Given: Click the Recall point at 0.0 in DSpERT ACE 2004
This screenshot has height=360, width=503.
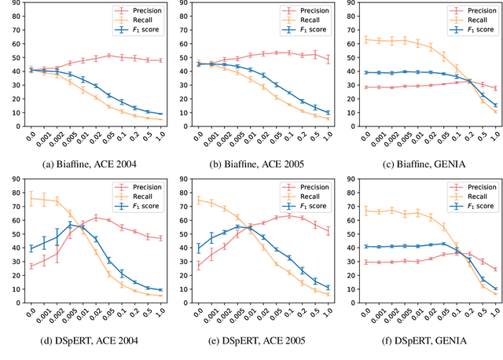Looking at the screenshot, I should pyautogui.click(x=31, y=200).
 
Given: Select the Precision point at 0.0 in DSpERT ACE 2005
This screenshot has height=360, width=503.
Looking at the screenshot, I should pyautogui.click(x=198, y=266).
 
